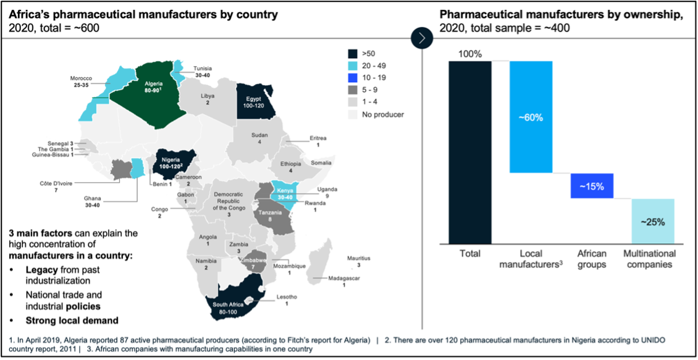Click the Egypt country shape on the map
tap(254, 102)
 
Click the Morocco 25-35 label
tap(81, 82)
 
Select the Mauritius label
tap(358, 261)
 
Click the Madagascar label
tap(345, 282)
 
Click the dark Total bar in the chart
tap(470, 151)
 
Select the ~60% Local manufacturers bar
tap(531, 117)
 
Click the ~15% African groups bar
tap(591, 186)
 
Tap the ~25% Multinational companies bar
tap(652, 221)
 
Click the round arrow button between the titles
tap(422, 38)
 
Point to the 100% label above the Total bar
tap(470, 54)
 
